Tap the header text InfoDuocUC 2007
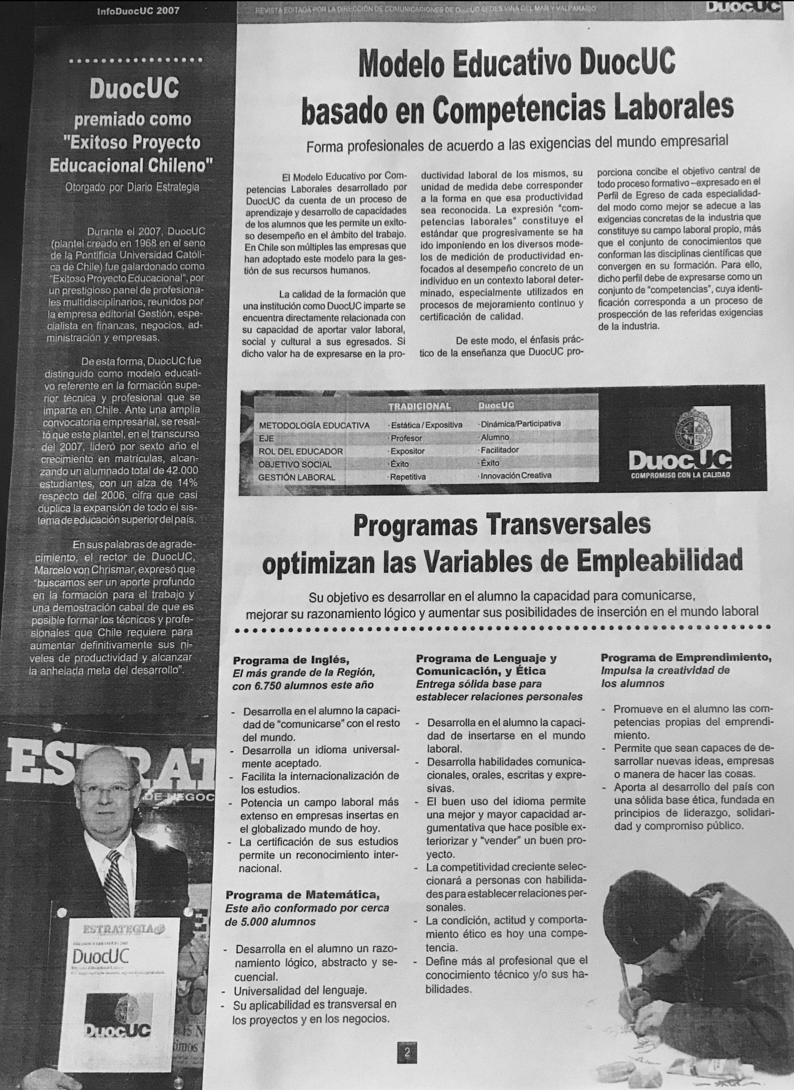click(x=138, y=11)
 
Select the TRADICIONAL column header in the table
click(x=420, y=406)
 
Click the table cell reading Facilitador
click(x=499, y=450)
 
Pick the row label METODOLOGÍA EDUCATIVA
click(x=314, y=425)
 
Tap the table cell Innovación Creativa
click(x=515, y=475)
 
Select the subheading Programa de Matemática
click(x=303, y=895)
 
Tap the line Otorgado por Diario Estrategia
click(x=132, y=187)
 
